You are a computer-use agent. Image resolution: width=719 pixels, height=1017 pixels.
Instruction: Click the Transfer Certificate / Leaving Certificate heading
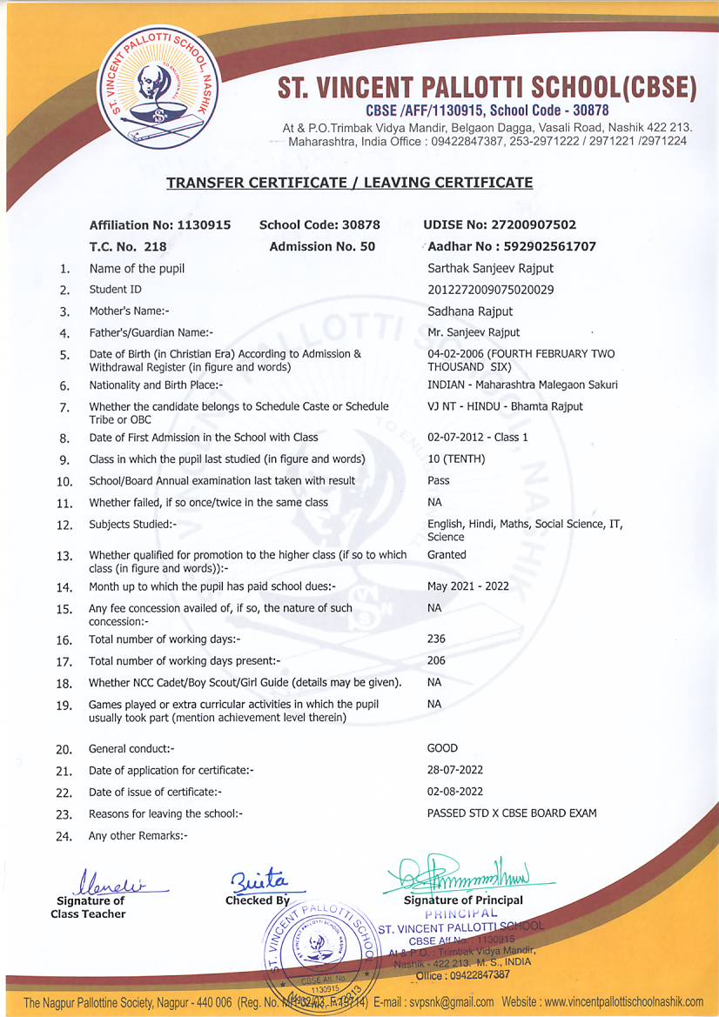[349, 183]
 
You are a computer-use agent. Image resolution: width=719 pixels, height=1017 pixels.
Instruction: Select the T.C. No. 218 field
[128, 246]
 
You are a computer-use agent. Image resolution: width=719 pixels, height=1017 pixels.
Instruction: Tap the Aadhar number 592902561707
[512, 246]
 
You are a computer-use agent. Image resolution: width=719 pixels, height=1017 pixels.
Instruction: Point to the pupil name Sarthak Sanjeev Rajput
[490, 268]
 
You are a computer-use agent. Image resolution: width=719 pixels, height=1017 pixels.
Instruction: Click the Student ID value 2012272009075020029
[491, 290]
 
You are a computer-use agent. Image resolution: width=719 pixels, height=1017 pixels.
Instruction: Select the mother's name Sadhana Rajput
[470, 311]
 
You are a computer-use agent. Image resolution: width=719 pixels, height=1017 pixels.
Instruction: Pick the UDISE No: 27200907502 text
[500, 224]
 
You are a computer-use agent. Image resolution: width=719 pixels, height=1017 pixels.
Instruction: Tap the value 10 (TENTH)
[456, 459]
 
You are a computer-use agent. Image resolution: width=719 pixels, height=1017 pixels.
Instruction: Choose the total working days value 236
[436, 639]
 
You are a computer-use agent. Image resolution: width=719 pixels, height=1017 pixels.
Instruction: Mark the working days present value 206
[436, 660]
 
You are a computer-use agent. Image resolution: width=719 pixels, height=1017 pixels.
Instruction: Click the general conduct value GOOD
[442, 748]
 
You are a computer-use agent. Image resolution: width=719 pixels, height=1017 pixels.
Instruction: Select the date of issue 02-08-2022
[455, 792]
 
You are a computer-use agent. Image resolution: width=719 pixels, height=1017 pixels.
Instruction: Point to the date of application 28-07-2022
[455, 770]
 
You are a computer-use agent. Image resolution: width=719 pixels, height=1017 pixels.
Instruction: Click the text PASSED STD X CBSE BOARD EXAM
[512, 813]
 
